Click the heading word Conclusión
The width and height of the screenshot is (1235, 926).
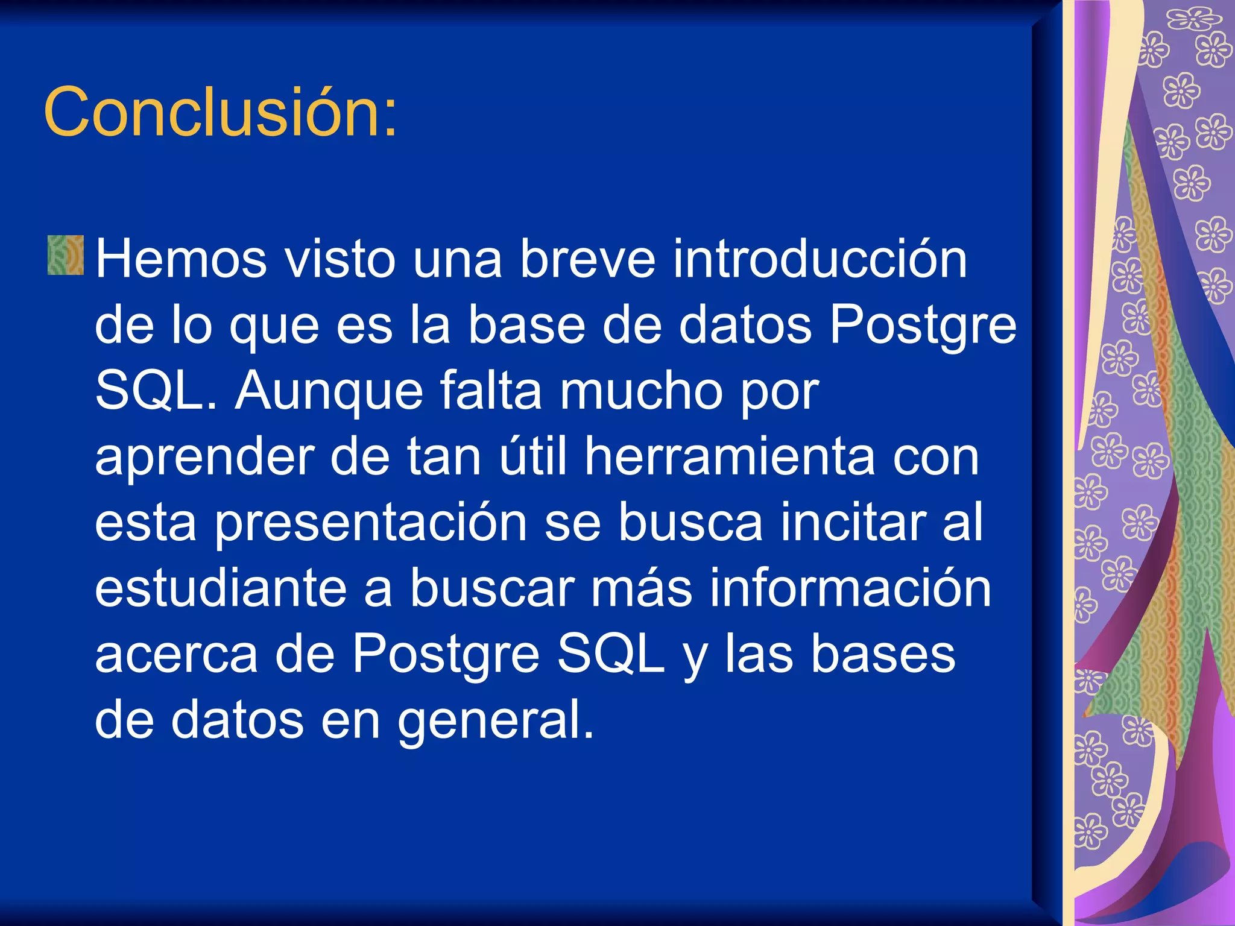(220, 112)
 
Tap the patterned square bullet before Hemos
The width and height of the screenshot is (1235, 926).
(65, 256)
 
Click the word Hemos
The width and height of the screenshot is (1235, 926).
(180, 259)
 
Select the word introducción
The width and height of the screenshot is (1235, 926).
(820, 259)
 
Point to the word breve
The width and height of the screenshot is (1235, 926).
(587, 259)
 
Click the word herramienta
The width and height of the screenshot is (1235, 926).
(730, 457)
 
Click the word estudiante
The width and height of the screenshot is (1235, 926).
(220, 588)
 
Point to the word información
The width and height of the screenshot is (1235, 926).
(850, 588)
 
